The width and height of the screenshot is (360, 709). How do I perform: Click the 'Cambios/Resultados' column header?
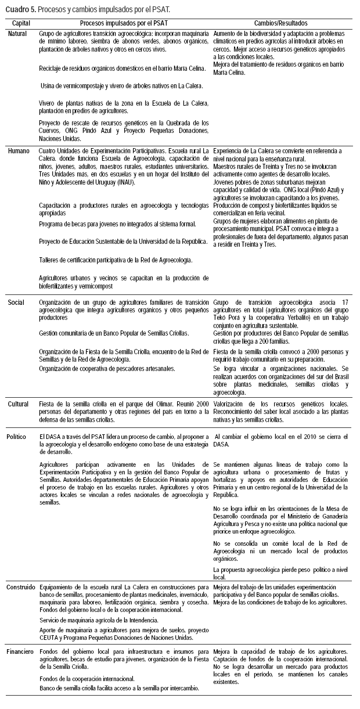tap(280, 23)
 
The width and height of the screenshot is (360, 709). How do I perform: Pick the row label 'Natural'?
tap(18, 34)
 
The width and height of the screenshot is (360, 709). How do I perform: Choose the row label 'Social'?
tap(16, 303)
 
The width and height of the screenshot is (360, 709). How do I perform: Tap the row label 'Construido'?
tap(21, 587)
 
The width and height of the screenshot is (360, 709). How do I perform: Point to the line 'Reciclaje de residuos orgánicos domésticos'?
tap(123, 69)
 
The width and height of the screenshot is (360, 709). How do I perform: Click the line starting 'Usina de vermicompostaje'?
tap(121, 86)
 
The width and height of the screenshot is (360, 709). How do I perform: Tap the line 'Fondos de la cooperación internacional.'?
tap(87, 678)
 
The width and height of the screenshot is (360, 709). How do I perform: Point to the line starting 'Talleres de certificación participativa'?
tap(116, 259)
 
